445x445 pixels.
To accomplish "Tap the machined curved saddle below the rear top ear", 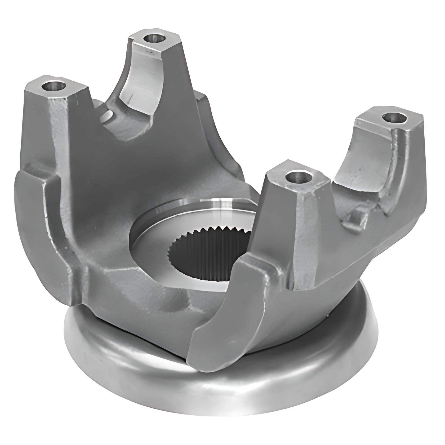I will click(x=143, y=79).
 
